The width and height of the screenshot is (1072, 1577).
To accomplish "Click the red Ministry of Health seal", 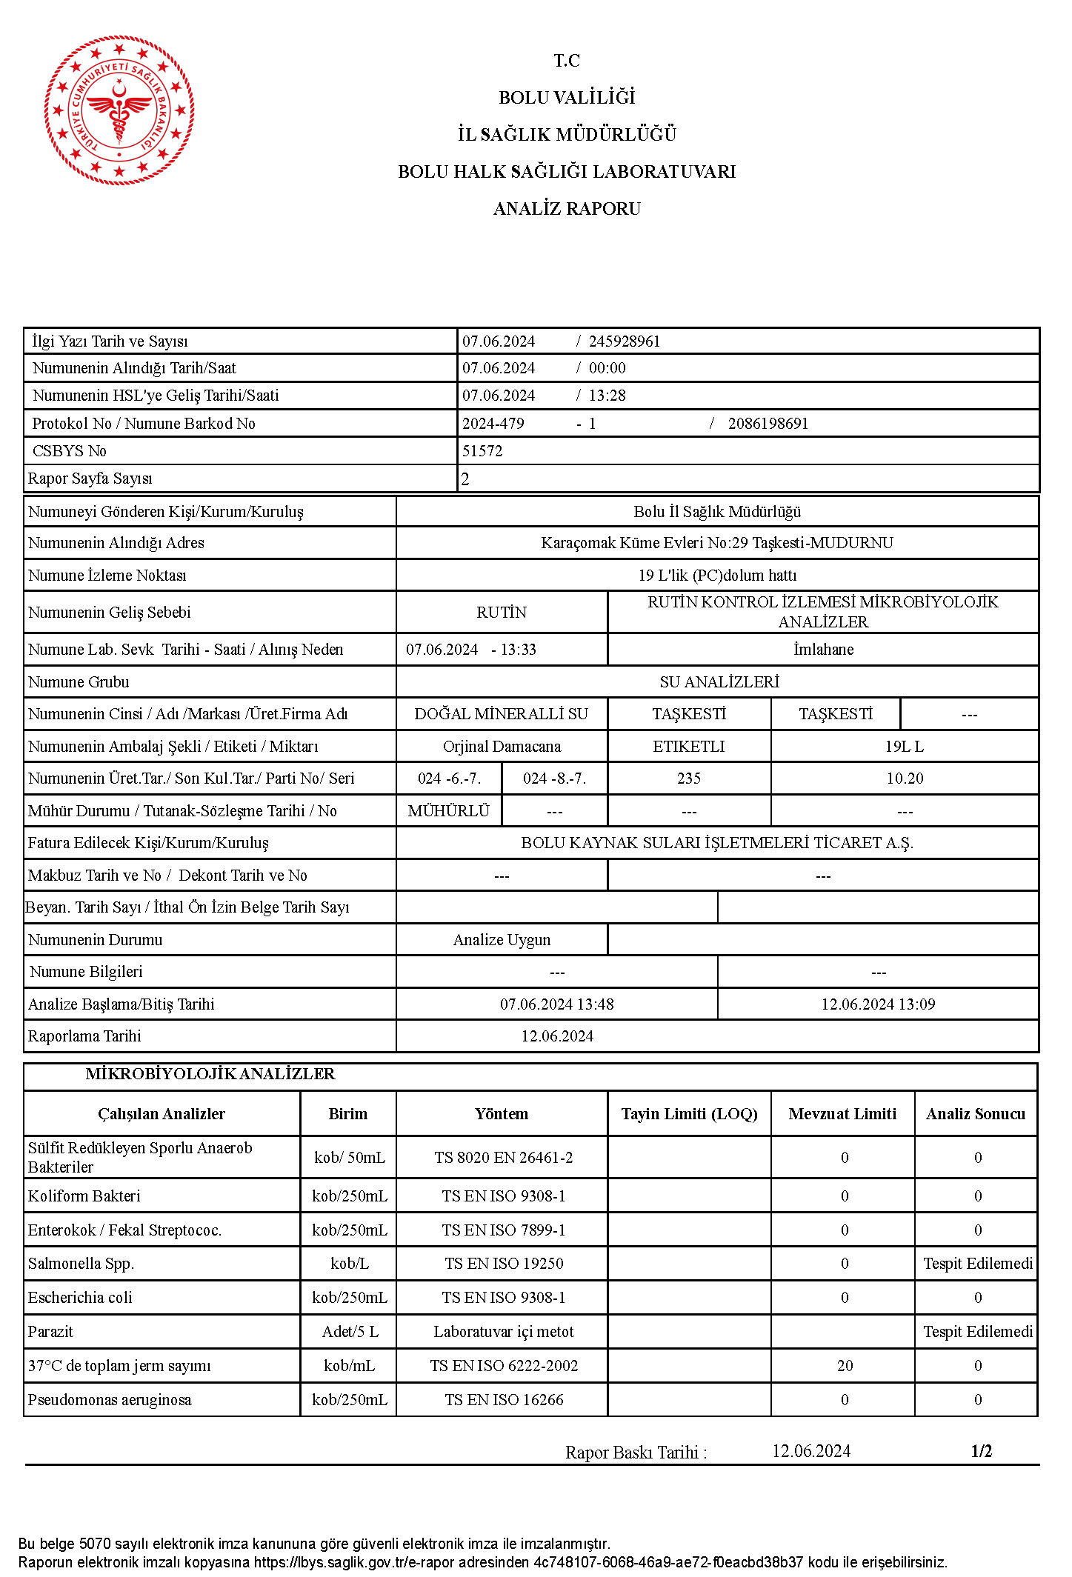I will click(119, 110).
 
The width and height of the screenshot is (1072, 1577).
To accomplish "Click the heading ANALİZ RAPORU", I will click(567, 209).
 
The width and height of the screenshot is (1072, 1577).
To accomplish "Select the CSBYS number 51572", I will click(482, 451).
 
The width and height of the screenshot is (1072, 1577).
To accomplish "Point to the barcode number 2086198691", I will click(768, 424).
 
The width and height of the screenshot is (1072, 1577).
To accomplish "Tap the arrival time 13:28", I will click(607, 396).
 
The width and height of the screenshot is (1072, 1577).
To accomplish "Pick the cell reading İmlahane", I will click(823, 650).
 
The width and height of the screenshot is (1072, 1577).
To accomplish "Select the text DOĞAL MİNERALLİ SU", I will click(502, 714).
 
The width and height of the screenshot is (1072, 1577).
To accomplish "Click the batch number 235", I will click(689, 779).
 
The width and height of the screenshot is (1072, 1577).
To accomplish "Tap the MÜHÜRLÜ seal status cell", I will click(449, 811).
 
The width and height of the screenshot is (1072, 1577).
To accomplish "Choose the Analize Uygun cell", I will click(502, 940).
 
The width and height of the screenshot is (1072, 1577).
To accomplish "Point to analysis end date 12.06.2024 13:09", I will click(878, 1004).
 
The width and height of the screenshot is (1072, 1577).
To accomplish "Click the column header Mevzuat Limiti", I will click(842, 1114).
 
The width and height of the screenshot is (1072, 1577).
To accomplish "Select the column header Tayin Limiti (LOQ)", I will click(689, 1114).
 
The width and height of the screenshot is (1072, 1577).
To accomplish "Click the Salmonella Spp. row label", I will click(81, 1264).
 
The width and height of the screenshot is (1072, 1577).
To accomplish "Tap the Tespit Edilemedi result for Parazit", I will click(977, 1332).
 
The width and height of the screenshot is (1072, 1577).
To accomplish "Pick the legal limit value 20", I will click(845, 1366).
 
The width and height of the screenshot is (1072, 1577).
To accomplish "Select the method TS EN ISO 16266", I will click(504, 1400).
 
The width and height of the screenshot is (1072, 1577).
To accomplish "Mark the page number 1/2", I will click(981, 1451).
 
